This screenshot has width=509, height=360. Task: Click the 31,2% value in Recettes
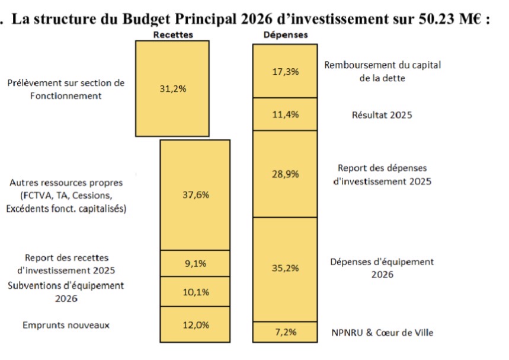click(x=173, y=88)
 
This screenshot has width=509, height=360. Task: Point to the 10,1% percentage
click(x=195, y=291)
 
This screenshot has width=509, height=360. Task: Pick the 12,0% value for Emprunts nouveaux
click(x=195, y=325)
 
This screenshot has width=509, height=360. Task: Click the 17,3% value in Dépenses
click(x=286, y=71)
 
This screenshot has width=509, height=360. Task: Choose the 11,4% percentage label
click(x=286, y=114)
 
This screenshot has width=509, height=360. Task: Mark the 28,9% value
click(x=286, y=174)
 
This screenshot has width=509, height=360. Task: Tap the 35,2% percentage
click(x=286, y=267)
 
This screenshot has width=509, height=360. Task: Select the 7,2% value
click(x=286, y=332)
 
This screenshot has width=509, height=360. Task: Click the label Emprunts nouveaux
click(x=66, y=325)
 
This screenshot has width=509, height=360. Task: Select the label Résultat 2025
click(x=382, y=115)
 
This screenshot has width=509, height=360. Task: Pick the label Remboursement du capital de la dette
click(x=382, y=71)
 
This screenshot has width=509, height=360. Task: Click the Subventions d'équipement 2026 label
click(x=66, y=292)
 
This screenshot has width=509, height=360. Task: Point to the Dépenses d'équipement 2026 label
click(x=382, y=267)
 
